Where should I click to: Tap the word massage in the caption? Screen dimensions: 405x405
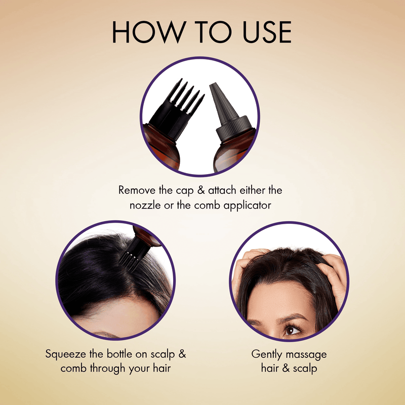[308, 353]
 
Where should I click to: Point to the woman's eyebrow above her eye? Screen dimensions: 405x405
[292, 317]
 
